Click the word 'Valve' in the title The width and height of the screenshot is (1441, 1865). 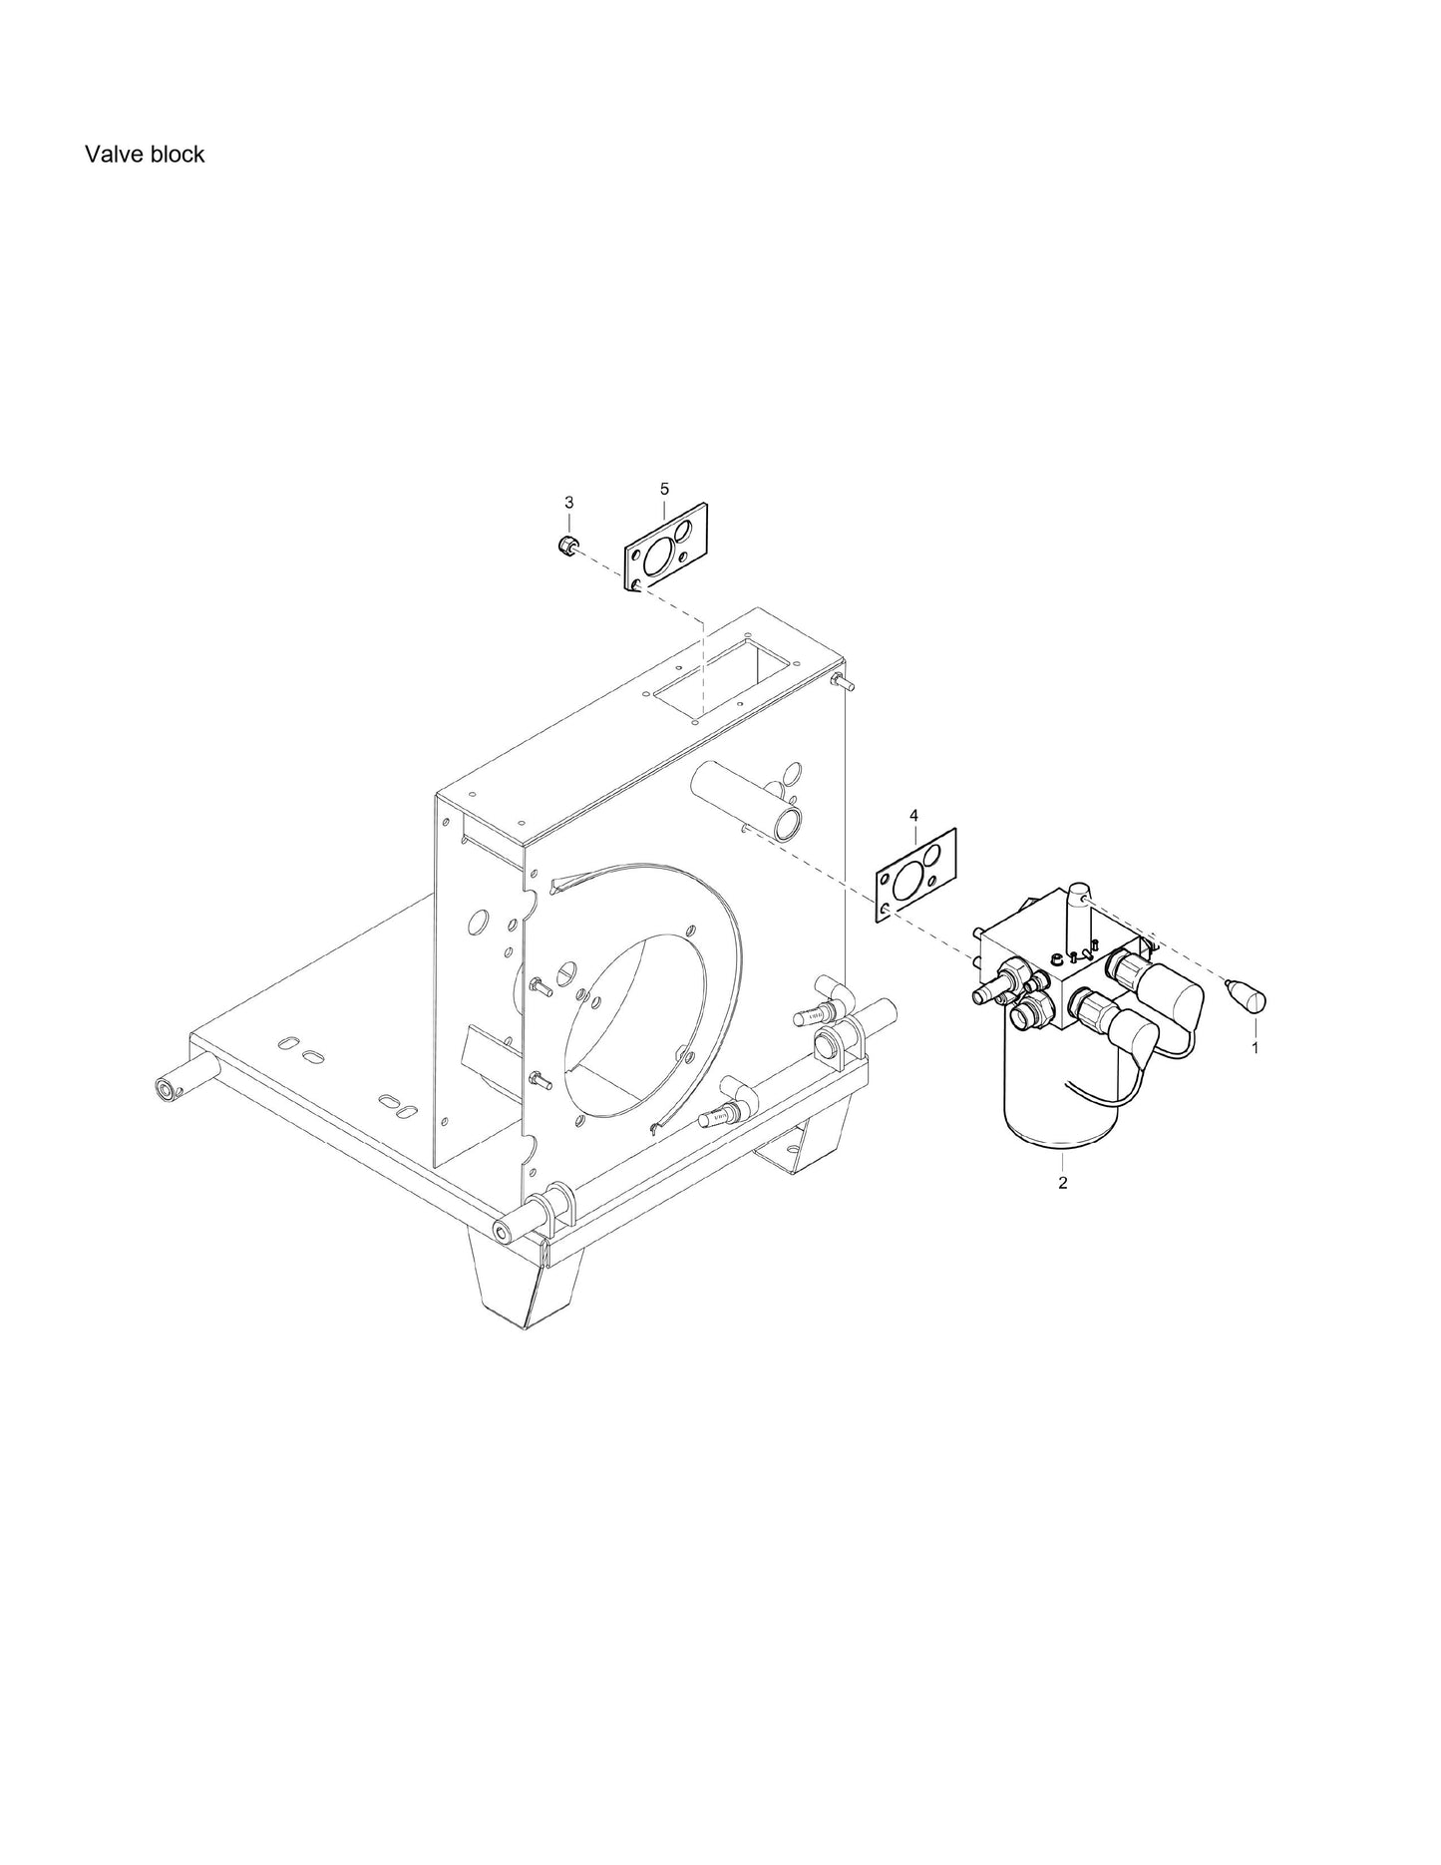(x=111, y=154)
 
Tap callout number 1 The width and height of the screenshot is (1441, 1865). (x=1255, y=1048)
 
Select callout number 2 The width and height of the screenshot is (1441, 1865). (x=1063, y=1183)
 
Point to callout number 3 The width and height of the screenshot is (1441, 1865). (x=568, y=501)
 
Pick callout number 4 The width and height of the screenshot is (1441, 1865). (x=913, y=816)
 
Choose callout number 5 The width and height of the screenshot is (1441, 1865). (x=664, y=488)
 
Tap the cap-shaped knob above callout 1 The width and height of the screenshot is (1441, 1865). (x=1247, y=995)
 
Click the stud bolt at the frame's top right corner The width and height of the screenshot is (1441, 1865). (x=842, y=683)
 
